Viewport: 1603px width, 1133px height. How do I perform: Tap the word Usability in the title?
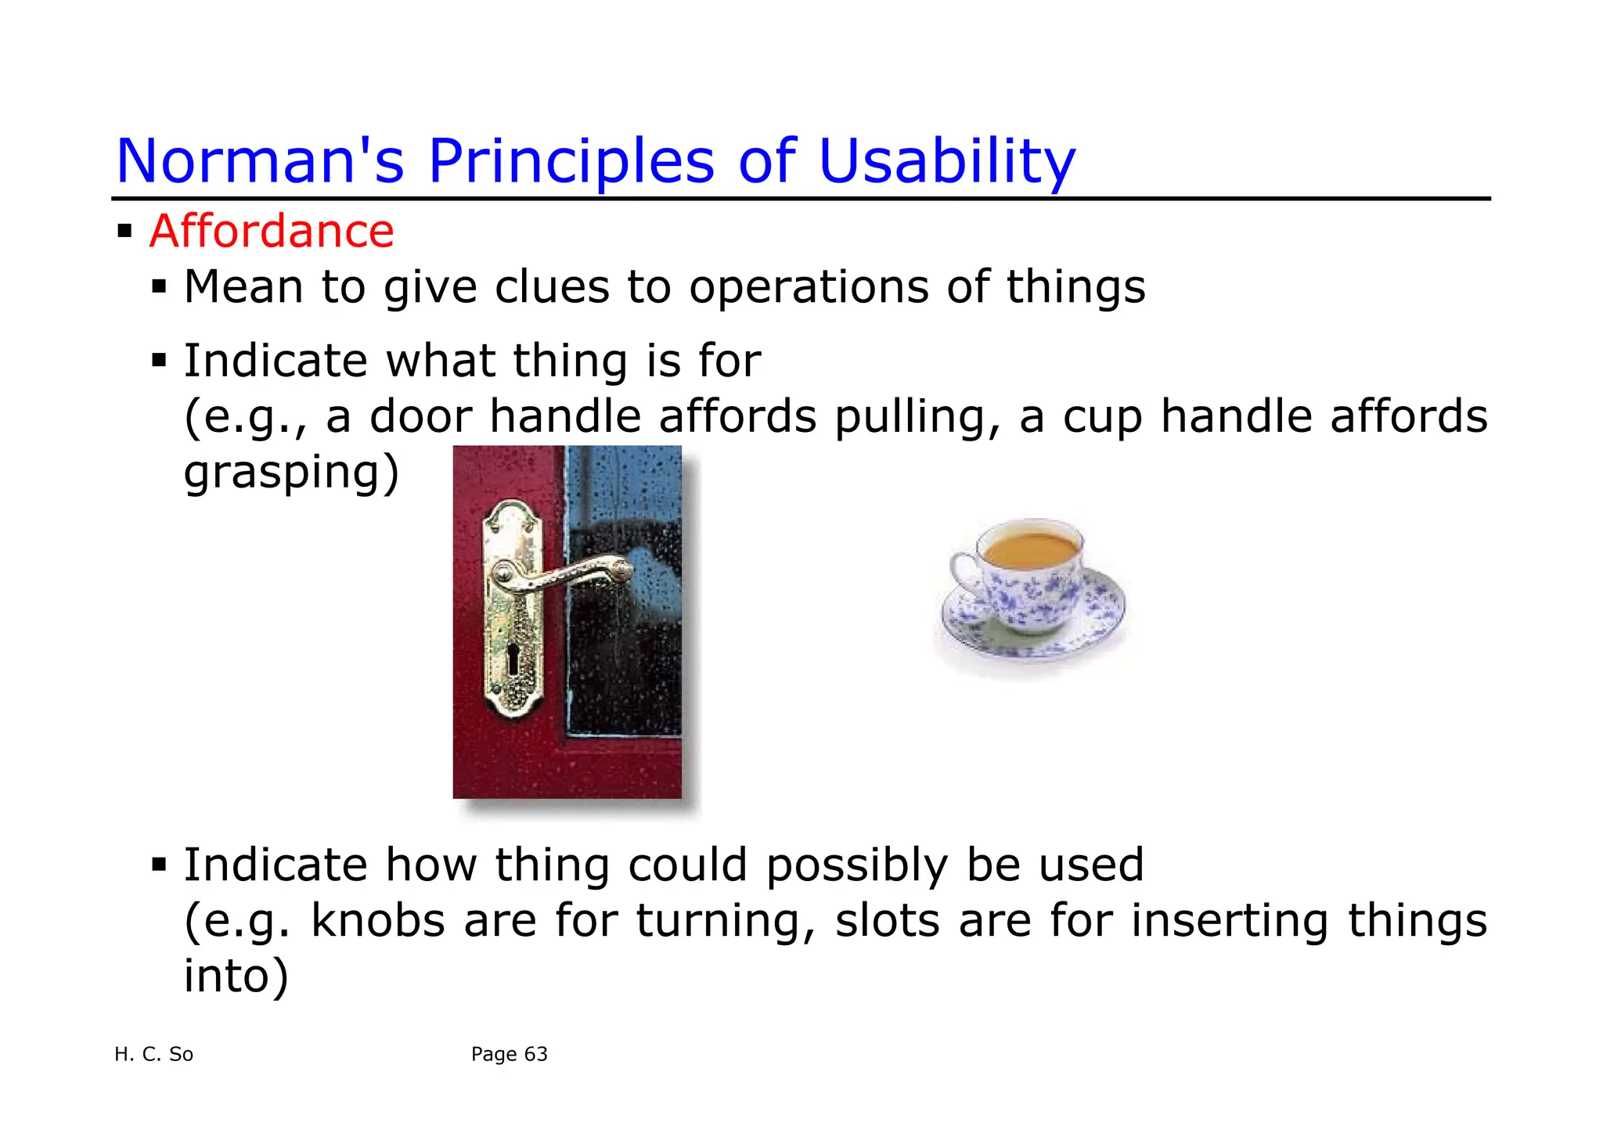click(946, 161)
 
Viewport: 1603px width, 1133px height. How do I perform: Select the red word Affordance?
click(272, 232)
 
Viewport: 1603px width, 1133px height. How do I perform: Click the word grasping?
click(290, 473)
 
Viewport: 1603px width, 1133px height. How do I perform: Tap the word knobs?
click(378, 920)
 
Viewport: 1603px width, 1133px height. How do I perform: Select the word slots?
click(887, 920)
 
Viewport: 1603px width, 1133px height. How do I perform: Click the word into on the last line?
click(235, 976)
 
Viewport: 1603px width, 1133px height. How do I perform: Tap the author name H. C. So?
click(153, 1055)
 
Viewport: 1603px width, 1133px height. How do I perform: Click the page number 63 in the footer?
click(535, 1055)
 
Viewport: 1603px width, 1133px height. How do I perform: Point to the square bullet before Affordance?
click(124, 232)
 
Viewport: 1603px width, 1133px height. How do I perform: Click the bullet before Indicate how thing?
click(160, 865)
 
